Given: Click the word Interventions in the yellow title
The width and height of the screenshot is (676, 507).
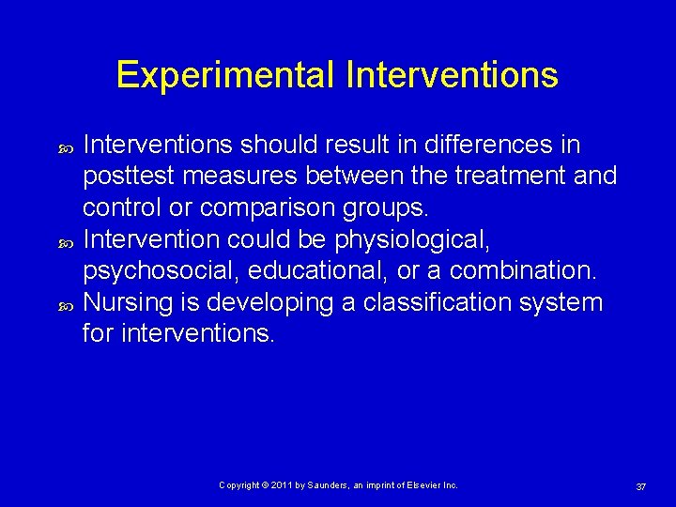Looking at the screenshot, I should (x=452, y=75).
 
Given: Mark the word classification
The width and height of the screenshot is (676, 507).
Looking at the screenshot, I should (x=446, y=302).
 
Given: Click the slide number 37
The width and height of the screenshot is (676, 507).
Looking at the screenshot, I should (x=640, y=486).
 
